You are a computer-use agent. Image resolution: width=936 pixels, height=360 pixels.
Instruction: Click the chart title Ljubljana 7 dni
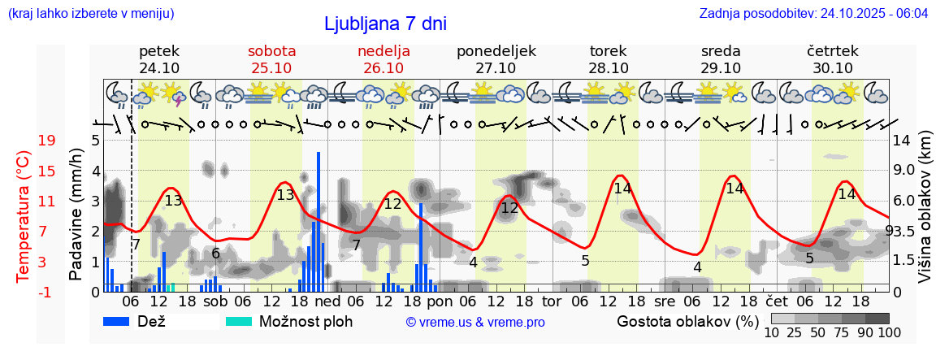pyautogui.click(x=385, y=24)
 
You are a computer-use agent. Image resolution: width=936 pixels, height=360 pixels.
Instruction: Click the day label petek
pyautogui.click(x=159, y=51)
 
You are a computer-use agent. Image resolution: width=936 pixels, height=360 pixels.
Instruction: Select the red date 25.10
pyautogui.click(x=271, y=68)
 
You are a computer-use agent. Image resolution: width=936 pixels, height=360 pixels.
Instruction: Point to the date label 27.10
pyautogui.click(x=496, y=68)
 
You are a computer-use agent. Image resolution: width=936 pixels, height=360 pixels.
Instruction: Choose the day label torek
pyautogui.click(x=608, y=51)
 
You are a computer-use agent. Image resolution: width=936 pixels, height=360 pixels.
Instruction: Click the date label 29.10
pyautogui.click(x=721, y=68)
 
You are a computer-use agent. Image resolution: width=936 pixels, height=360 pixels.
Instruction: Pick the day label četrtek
pyautogui.click(x=833, y=51)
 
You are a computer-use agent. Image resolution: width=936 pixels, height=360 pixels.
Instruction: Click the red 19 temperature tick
pyautogui.click(x=46, y=141)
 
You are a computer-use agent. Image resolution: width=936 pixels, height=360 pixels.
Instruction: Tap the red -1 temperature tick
pyautogui.click(x=46, y=292)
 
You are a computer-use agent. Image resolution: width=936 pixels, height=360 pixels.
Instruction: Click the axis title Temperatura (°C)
pyautogui.click(x=24, y=216)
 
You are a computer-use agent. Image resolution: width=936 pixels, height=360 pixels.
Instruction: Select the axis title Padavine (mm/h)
pyautogui.click(x=76, y=215)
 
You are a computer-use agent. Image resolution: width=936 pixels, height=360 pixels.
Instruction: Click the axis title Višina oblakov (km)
pyautogui.click(x=925, y=215)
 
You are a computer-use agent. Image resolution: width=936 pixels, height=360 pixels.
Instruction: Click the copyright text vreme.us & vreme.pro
pyautogui.click(x=475, y=322)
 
